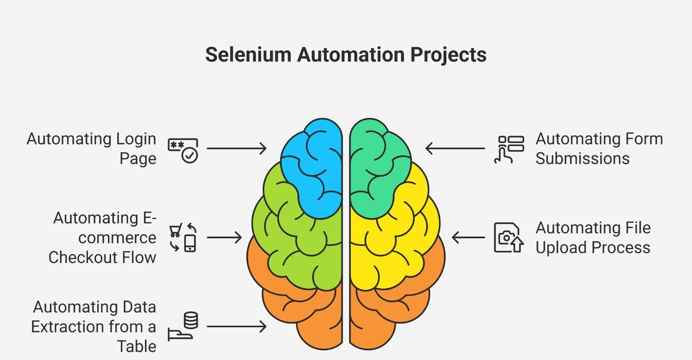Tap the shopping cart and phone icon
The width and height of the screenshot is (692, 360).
183,238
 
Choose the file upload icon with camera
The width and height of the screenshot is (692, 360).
508,238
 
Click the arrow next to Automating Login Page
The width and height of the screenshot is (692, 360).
237,148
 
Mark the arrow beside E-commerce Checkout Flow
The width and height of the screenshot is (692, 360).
224,238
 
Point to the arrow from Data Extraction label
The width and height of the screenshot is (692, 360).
237,326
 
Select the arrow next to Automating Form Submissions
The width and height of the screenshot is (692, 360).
455,148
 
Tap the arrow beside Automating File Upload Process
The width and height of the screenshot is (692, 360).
468,238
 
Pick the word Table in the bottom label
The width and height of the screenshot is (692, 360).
137,346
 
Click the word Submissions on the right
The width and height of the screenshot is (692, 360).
582,158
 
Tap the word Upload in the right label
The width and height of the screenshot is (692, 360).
561,247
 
